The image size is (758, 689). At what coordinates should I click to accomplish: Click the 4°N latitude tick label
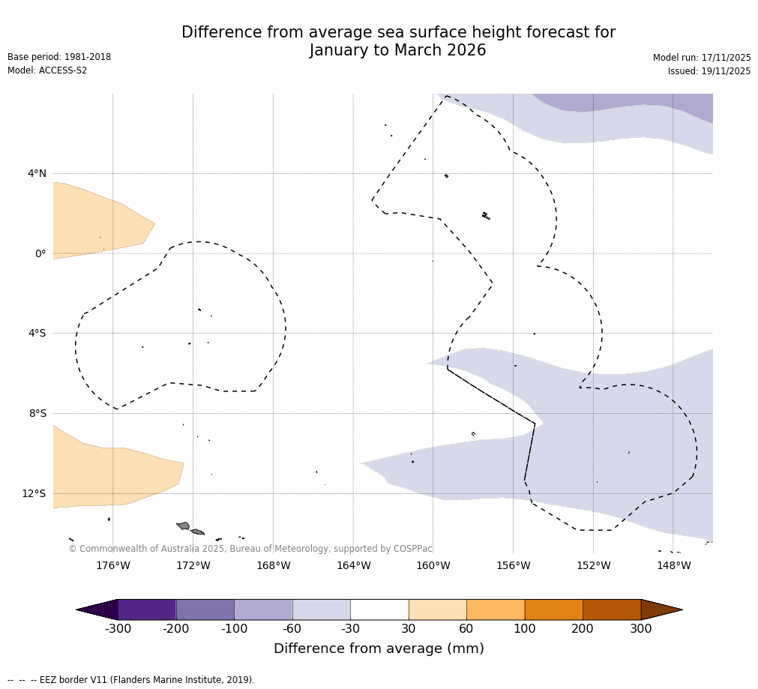37,174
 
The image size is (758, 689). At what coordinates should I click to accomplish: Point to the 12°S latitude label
34,493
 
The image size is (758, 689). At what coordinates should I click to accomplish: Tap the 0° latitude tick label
40,253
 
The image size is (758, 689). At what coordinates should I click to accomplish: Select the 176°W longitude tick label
112,565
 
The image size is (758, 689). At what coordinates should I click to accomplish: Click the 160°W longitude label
433,565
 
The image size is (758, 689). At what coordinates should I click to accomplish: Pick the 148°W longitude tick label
673,565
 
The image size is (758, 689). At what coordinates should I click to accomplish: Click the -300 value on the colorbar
118,628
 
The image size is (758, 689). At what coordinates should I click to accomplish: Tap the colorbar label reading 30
409,628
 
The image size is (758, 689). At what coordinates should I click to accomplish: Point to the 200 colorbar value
583,628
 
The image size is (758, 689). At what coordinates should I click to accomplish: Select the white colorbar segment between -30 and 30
379,609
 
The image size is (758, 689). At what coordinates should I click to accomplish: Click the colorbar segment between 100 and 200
553,609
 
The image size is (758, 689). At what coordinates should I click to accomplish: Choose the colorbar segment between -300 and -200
147,609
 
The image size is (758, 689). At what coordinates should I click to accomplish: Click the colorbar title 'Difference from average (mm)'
379,649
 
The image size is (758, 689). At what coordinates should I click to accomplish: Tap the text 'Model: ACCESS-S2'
47,70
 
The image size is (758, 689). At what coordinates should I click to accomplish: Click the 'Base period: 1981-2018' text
59,57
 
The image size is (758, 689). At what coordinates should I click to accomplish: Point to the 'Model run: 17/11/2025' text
702,58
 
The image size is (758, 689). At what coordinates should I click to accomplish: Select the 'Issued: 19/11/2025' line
709,71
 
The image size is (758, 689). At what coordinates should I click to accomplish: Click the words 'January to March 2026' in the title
397,51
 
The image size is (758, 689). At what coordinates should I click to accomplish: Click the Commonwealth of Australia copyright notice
250,549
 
